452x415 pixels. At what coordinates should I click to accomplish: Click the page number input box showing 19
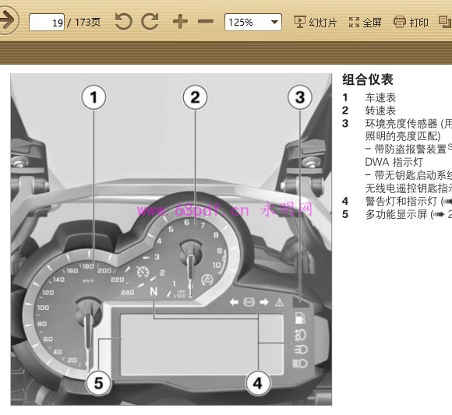click(x=47, y=22)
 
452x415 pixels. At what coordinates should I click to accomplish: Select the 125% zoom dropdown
click(x=252, y=22)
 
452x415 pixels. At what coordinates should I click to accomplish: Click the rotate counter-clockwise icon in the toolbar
click(x=123, y=22)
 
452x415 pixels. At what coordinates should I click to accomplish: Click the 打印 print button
click(x=411, y=23)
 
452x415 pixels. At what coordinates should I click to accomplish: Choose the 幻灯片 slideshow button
click(x=315, y=23)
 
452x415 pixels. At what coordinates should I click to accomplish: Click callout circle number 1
click(x=94, y=97)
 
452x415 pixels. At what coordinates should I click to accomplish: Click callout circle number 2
click(x=195, y=97)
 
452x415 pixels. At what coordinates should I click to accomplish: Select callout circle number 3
click(x=299, y=97)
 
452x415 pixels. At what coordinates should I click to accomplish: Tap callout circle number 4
click(x=258, y=382)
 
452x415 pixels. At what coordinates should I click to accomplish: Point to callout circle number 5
click(x=97, y=382)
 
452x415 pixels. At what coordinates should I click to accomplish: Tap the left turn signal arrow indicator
click(x=234, y=301)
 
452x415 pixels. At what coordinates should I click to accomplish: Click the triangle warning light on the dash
click(x=279, y=301)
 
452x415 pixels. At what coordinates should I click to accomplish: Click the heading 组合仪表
click(x=368, y=79)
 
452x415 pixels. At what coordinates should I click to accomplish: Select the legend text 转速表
click(x=380, y=111)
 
